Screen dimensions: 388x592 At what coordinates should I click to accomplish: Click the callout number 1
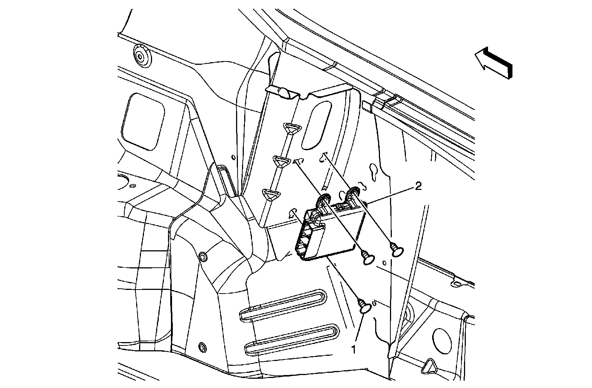(354, 349)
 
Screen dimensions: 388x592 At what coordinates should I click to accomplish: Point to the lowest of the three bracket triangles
(271, 194)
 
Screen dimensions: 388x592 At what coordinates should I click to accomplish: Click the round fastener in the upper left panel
(141, 57)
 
